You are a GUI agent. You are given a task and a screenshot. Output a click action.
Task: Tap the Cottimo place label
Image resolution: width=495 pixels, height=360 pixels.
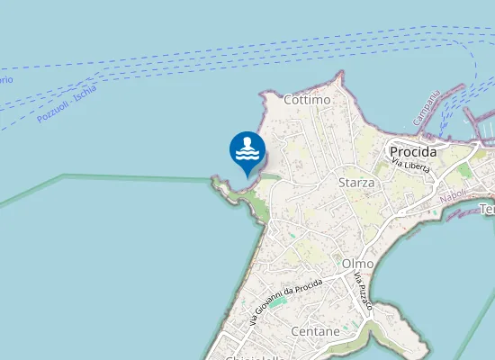click(307, 100)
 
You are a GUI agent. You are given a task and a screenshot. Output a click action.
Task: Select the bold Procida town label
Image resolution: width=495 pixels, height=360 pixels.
click(413, 151)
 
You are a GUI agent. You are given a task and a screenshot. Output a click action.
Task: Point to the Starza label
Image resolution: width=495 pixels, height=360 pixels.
click(355, 183)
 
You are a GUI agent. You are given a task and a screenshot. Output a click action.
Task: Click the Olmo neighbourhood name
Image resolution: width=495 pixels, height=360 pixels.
click(357, 263)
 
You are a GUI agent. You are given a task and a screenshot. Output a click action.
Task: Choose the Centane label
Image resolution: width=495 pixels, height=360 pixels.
click(315, 331)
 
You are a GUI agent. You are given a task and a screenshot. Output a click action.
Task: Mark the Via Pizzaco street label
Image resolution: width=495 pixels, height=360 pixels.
click(364, 290)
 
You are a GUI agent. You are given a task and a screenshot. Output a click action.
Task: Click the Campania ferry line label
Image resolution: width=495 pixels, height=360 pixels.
click(427, 107)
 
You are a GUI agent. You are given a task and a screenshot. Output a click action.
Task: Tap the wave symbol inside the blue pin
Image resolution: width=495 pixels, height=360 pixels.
click(247, 156)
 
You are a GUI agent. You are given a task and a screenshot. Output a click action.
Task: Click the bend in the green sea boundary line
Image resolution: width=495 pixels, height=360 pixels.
click(63, 175)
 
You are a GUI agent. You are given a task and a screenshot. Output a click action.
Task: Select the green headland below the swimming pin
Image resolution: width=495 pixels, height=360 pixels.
click(256, 206)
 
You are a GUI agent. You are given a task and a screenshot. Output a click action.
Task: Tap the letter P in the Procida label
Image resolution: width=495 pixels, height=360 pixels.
click(394, 152)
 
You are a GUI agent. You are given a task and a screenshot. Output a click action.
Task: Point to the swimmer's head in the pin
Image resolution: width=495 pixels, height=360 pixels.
click(247, 141)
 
